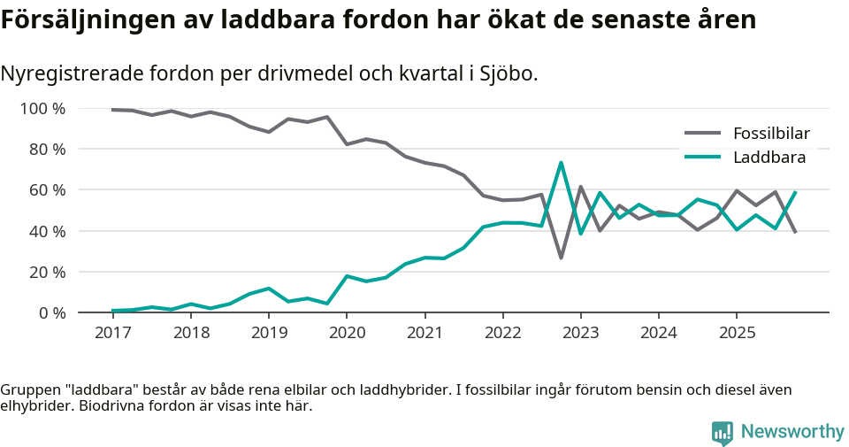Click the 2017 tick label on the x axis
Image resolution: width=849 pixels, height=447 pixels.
pos(112,333)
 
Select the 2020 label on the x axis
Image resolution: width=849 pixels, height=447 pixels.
pos(347,333)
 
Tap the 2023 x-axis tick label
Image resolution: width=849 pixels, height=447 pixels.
pos(581,333)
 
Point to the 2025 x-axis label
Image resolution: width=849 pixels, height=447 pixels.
pos(737,333)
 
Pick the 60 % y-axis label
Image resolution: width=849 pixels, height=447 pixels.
pos(47,190)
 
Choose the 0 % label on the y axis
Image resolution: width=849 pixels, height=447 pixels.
pos(51,312)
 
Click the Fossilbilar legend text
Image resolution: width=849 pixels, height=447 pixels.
pos(771,134)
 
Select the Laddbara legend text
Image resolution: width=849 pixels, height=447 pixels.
pos(769,158)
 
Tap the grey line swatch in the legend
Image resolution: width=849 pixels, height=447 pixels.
pos(703,134)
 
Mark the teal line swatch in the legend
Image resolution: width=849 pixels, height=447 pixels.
pos(703,158)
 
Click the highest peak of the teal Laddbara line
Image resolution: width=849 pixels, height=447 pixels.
pos(561,163)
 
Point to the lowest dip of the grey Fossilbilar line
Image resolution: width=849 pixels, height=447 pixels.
pos(561,258)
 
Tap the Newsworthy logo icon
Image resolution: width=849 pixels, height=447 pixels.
pos(722,432)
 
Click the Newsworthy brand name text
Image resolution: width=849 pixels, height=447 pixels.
pos(792,432)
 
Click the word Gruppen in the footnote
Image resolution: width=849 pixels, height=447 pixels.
pos(28,389)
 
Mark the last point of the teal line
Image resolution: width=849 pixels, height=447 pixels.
pos(796,192)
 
